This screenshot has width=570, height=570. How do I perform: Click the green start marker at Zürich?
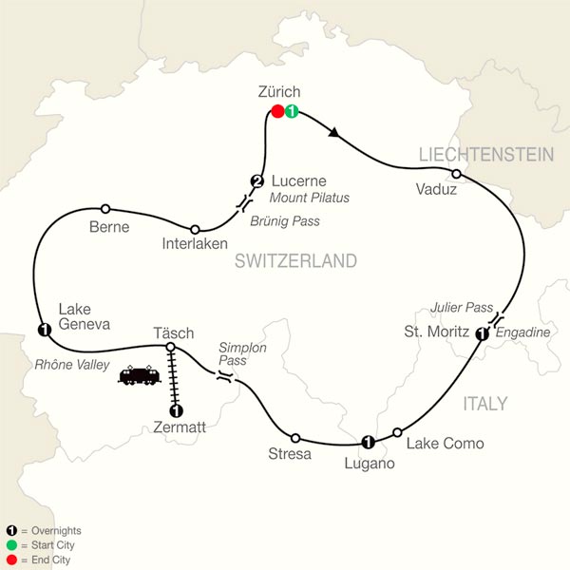coord(292,112)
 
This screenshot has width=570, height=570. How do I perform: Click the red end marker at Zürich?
coord(277,112)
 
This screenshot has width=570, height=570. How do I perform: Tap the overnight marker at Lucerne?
coord(256,181)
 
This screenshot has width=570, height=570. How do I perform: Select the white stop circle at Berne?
coord(105,209)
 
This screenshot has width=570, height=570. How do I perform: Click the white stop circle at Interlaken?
coord(195,229)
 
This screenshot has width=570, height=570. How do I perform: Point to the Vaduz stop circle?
coord(456,174)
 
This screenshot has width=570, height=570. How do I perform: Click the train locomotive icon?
coord(139,376)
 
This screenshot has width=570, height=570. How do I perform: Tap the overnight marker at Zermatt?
coord(175,411)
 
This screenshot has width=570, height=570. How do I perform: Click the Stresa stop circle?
coord(295,438)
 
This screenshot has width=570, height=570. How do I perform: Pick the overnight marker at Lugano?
coord(368,441)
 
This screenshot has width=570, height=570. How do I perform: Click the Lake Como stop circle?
coord(398,431)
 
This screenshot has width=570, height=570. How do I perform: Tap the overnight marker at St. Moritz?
coord(482,333)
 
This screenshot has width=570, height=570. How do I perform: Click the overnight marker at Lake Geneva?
coord(43,330)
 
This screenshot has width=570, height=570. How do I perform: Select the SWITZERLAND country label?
coord(295,260)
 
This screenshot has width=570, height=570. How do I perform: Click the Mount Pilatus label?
coord(309,199)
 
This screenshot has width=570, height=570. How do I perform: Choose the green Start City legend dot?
coord(10,545)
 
